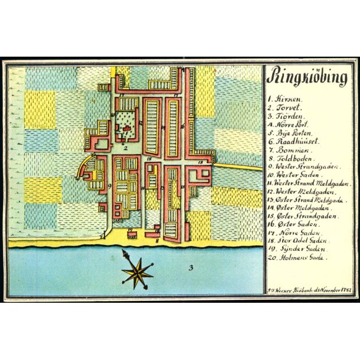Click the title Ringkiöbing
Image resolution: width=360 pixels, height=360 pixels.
(302, 77)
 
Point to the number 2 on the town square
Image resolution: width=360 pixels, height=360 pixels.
(125, 148)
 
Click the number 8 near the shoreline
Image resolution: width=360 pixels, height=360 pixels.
(157, 241)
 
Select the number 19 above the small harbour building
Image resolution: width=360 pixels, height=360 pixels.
(130, 229)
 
